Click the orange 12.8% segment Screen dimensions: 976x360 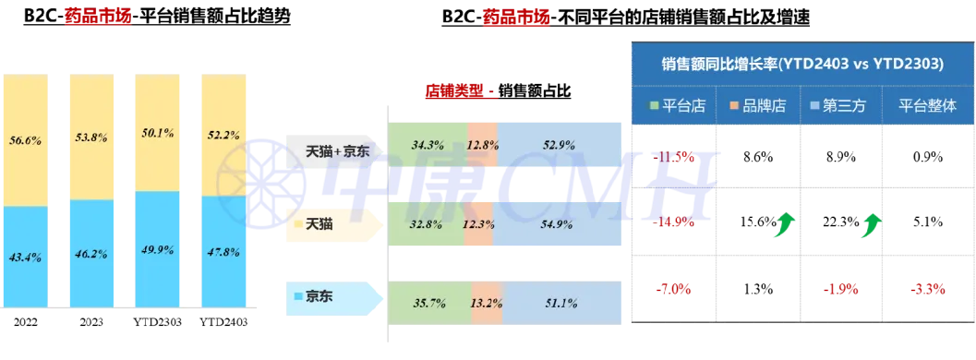click(483, 145)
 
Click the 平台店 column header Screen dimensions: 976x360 click(678, 104)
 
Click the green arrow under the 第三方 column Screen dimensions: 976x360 click(867, 225)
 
